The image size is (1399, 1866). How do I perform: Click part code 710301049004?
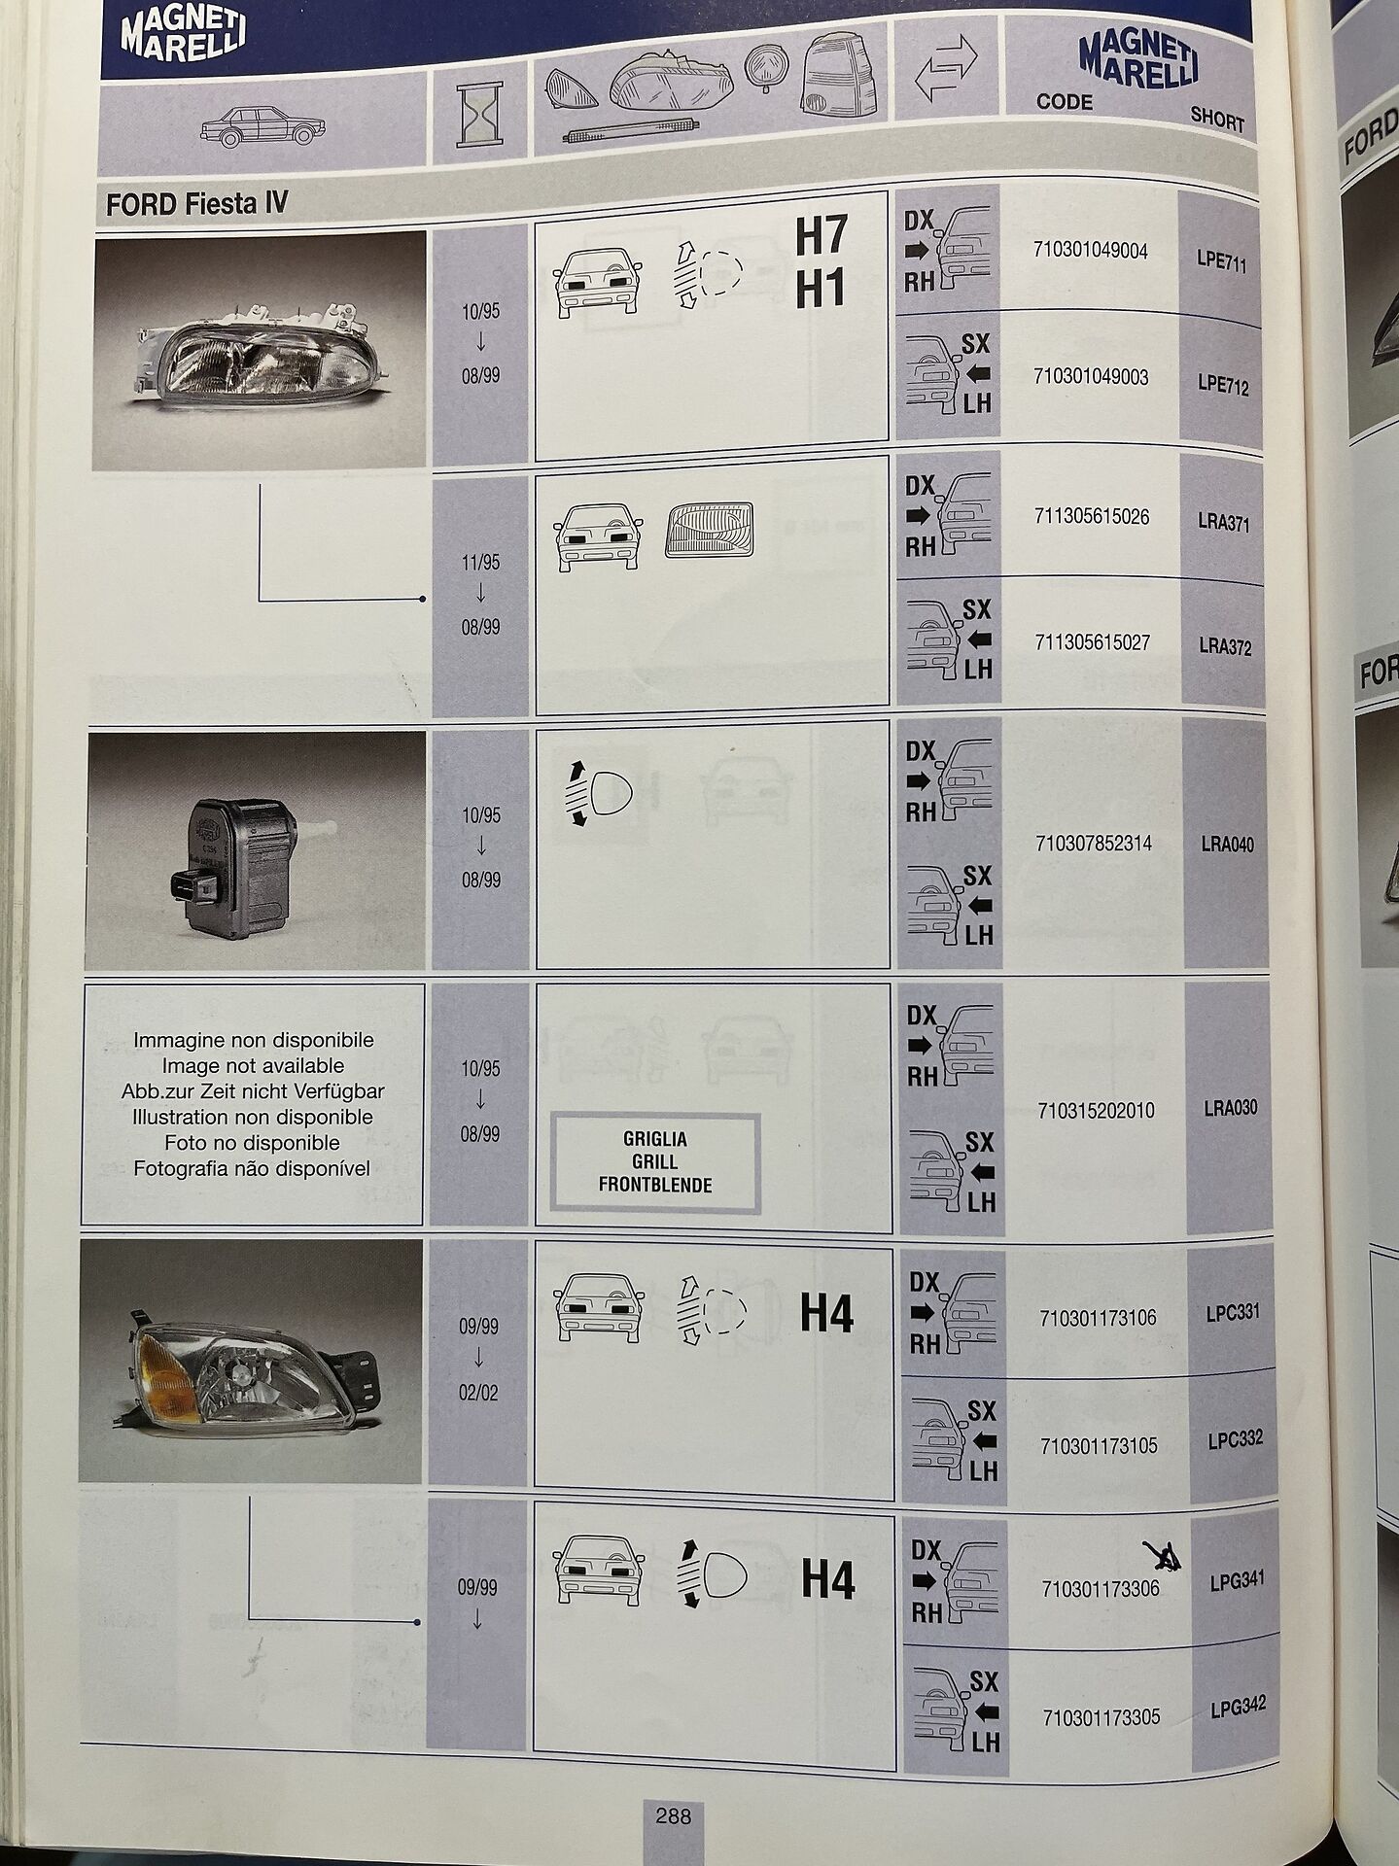pyautogui.click(x=1092, y=251)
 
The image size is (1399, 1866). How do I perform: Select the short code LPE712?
pyautogui.click(x=1223, y=387)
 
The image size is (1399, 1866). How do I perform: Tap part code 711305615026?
pyautogui.click(x=1093, y=517)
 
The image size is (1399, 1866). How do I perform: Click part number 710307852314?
pyautogui.click(x=1095, y=844)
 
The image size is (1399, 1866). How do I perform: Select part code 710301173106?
pyautogui.click(x=1099, y=1319)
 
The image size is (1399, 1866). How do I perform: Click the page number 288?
pyautogui.click(x=673, y=1814)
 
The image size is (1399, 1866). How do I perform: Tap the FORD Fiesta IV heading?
pyautogui.click(x=197, y=205)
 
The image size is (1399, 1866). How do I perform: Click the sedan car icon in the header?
pyautogui.click(x=263, y=129)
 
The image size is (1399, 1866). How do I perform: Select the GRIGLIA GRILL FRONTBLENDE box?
pyautogui.click(x=655, y=1162)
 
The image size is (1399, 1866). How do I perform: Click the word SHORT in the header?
pyautogui.click(x=1217, y=121)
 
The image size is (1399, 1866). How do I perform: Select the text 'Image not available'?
pyautogui.click(x=253, y=1066)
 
